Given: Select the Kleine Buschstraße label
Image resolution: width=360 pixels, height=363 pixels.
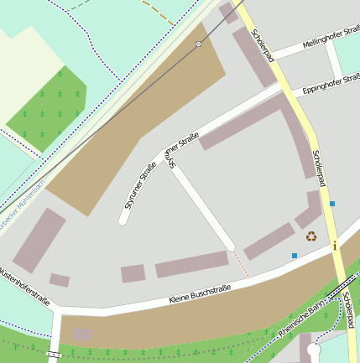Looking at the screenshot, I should point(200,294).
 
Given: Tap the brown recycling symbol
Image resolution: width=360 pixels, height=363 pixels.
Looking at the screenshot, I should point(311,236).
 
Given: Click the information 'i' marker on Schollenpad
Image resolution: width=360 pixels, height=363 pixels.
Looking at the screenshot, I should point(334,246).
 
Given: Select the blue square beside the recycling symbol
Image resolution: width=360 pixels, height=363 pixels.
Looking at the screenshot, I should point(295,255).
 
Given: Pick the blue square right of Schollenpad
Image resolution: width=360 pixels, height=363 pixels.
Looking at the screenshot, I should point(332,204).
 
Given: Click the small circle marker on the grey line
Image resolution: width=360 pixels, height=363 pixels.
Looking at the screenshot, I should point(199,44).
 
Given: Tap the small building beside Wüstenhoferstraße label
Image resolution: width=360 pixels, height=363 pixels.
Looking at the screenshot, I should point(60,280).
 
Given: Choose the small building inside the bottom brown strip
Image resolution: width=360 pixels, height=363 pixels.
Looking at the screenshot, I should point(82,334).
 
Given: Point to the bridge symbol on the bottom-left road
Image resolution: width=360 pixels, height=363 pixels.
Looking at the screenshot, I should point(55,355).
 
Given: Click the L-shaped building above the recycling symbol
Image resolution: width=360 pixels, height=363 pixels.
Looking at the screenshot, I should point(310,210).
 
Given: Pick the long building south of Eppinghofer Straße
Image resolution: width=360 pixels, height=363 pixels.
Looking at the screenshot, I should point(244,122).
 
